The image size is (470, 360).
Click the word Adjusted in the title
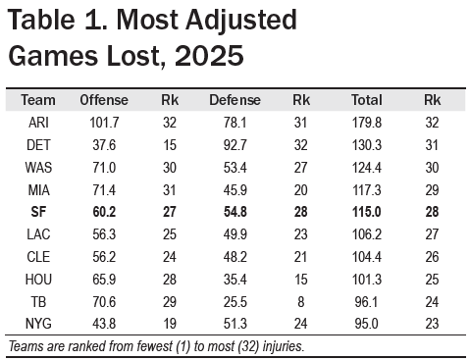point(241,22)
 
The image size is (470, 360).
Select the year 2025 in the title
point(209,55)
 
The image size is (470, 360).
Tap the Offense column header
point(104,100)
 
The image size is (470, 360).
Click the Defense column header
point(235,100)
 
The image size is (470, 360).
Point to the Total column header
point(367,100)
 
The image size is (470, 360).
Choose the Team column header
point(38,100)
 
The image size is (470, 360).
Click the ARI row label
point(38,123)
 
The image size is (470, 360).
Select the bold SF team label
point(38,212)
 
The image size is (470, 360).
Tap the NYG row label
point(38,324)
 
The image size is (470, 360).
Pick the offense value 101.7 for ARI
point(104,123)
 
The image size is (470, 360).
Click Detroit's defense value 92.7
point(235,145)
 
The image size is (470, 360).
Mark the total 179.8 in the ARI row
point(367,123)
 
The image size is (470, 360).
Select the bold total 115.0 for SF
point(367,212)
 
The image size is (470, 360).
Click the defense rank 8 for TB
point(301,302)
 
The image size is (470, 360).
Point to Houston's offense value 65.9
point(104,280)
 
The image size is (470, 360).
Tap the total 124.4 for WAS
point(367,168)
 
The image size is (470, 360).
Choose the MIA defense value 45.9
point(235,190)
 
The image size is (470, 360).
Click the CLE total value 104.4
point(367,257)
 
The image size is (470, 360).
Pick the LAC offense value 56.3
point(104,234)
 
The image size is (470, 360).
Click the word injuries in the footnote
point(284,346)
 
